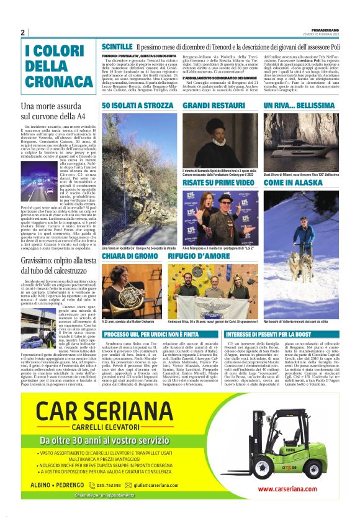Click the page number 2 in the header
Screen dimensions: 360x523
pos(22,32)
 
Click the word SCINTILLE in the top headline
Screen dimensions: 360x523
pos(117,47)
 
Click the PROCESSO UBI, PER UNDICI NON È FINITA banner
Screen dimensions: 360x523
pos(160,334)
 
